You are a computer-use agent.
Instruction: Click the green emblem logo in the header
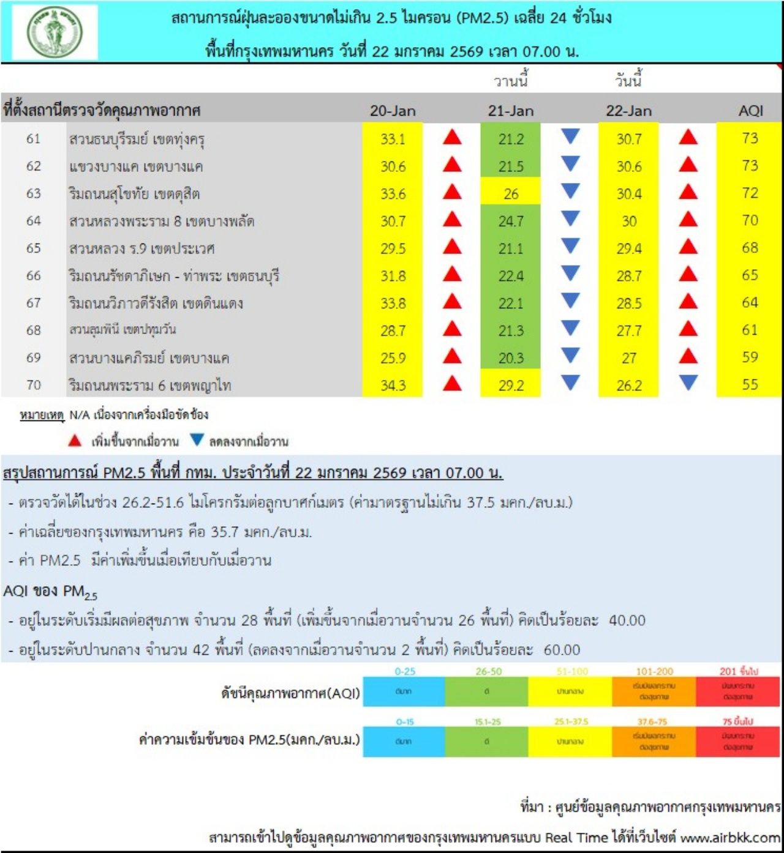pos(55,32)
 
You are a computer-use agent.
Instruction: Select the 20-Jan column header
pos(393,111)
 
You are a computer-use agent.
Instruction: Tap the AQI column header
pos(750,111)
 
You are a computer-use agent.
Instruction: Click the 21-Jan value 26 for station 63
pos(511,194)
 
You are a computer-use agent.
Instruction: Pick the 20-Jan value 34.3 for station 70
pos(393,386)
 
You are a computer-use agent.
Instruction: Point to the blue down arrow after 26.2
pos(688,383)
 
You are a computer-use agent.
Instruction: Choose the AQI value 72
pos(750,193)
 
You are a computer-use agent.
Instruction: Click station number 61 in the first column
pos(34,139)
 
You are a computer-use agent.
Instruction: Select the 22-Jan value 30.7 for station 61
pos(629,139)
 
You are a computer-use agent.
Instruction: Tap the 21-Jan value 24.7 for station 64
pos(511,221)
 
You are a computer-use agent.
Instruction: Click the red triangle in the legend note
pos(75,440)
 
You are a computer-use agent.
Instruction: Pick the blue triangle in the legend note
pos(197,440)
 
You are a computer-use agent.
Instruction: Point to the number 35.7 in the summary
pos(225,532)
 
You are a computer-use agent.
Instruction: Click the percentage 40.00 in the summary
pos(627,620)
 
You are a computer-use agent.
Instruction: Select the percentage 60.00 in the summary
pos(562,650)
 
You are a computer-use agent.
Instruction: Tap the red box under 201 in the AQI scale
pos(737,691)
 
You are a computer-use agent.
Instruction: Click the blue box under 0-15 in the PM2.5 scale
pos(404,741)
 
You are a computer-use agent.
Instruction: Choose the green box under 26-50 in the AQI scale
pos(487,691)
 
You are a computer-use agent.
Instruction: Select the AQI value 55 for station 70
pos(750,385)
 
